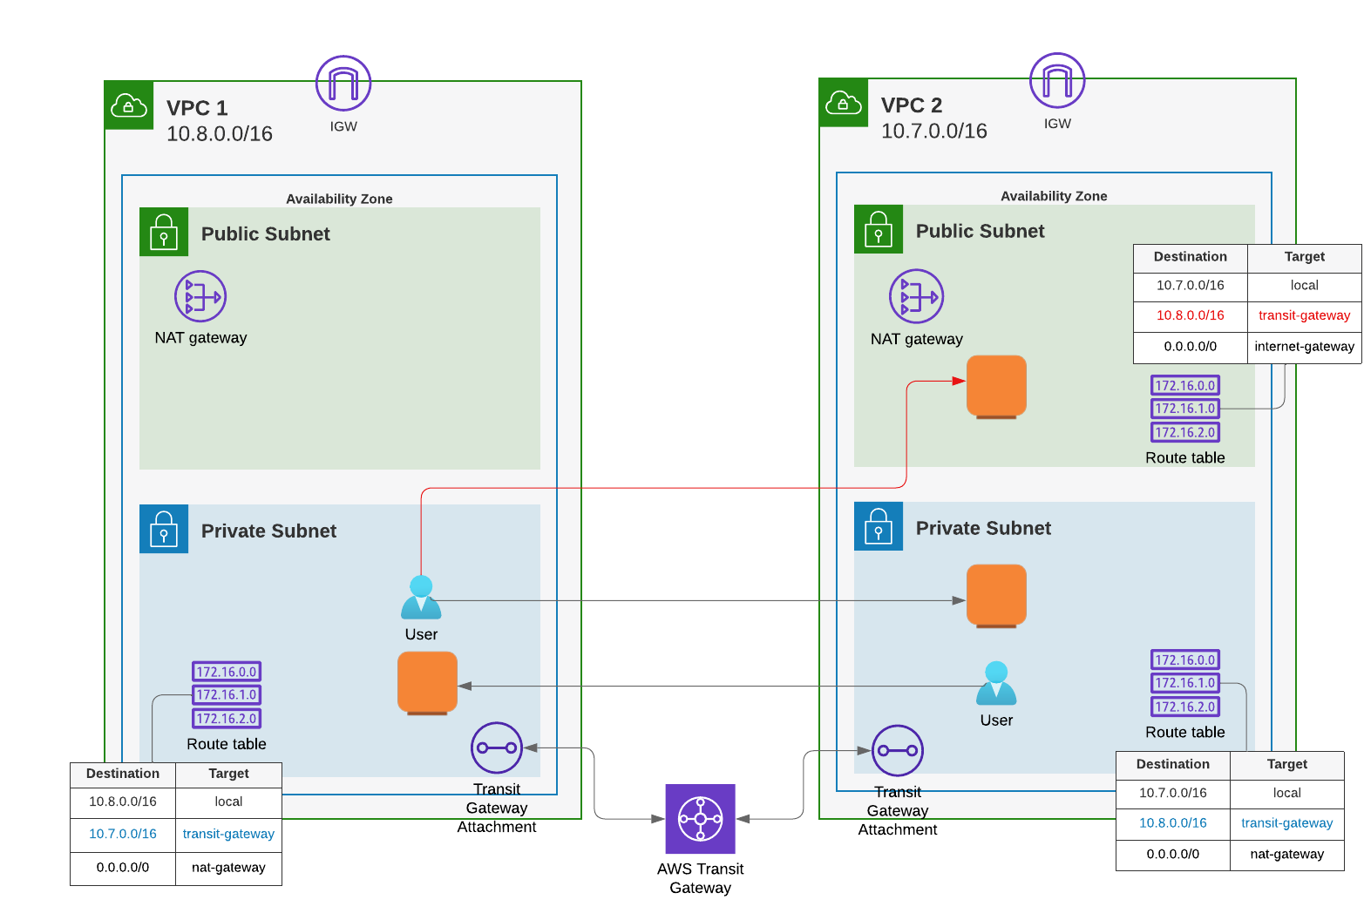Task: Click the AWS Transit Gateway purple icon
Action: [x=700, y=819]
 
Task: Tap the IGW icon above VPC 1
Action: [x=343, y=84]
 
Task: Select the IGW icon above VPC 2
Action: [x=1057, y=81]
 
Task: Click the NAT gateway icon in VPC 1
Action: [x=200, y=296]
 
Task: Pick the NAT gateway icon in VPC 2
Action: [x=916, y=296]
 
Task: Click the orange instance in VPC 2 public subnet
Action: [x=996, y=386]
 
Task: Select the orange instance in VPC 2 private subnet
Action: [x=996, y=595]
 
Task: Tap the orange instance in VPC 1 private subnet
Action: [x=427, y=682]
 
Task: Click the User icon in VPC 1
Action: [x=421, y=598]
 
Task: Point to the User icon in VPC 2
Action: [x=996, y=683]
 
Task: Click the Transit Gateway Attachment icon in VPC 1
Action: [x=496, y=747]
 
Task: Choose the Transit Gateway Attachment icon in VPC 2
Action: [x=897, y=750]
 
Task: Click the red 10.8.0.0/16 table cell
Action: [x=1190, y=315]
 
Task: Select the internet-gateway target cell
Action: [x=1304, y=347]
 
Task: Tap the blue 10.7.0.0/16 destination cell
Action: [x=123, y=834]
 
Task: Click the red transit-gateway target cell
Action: [x=1304, y=315]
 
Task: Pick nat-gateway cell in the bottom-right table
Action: [x=1286, y=854]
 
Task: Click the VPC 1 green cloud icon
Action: [x=129, y=105]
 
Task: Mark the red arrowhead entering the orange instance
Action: [x=959, y=381]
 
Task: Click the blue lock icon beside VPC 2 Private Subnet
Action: [x=879, y=526]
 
